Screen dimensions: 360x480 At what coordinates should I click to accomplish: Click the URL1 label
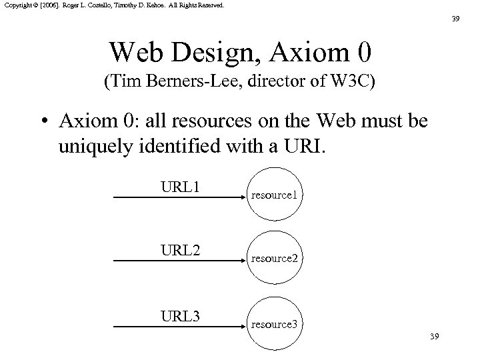point(181,187)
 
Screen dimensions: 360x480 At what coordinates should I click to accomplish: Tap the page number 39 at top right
point(455,19)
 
